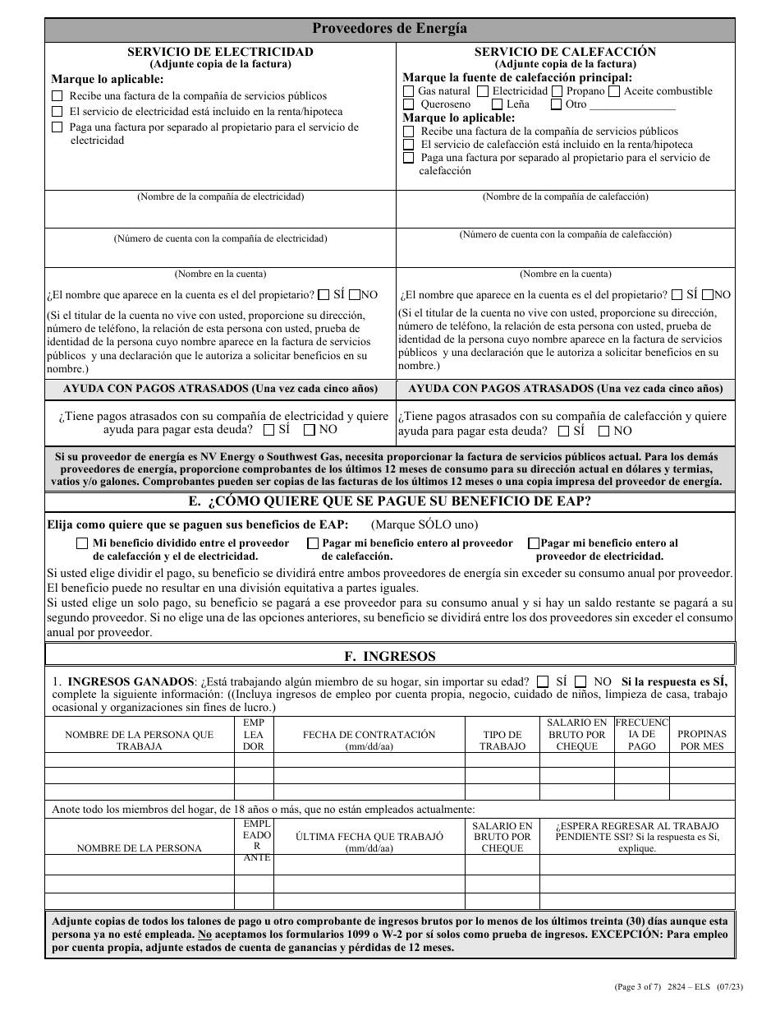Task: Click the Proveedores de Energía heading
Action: [x=390, y=29]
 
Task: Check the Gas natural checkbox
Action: [x=409, y=91]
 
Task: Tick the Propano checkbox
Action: [x=557, y=91]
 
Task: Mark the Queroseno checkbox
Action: [x=409, y=104]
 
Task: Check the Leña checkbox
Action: [x=498, y=104]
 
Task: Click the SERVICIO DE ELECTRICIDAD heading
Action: [x=220, y=52]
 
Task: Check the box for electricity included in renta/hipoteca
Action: [x=57, y=112]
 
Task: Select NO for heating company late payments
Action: [x=604, y=430]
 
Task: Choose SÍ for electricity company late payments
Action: [x=268, y=429]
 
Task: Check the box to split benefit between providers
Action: [x=82, y=543]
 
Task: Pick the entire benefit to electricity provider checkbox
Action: [x=535, y=543]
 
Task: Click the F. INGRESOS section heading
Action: [x=389, y=656]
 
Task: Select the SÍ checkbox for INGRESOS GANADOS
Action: [x=543, y=681]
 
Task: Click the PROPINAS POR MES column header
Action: [x=702, y=740]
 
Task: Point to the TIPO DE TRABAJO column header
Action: [x=502, y=740]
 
